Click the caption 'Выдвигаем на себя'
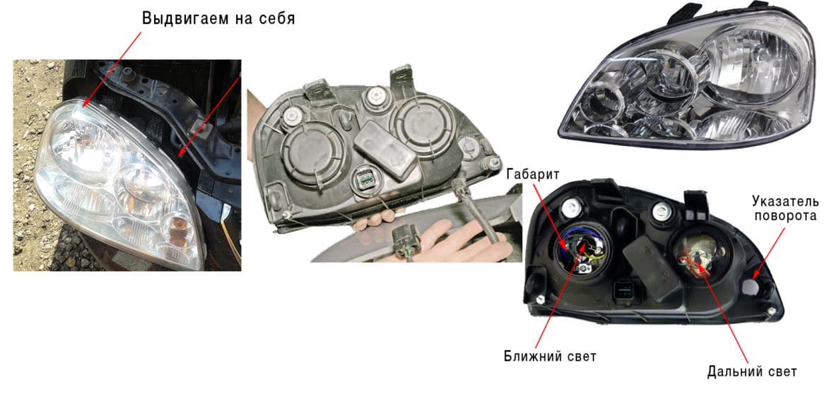tap(218, 19)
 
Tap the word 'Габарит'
tap(533, 174)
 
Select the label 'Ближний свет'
tap(550, 357)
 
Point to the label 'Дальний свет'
tap(751, 372)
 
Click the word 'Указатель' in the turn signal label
tap(785, 201)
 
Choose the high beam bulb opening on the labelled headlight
tap(699, 256)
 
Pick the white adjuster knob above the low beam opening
tap(568, 208)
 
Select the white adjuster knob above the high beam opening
tap(661, 210)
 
